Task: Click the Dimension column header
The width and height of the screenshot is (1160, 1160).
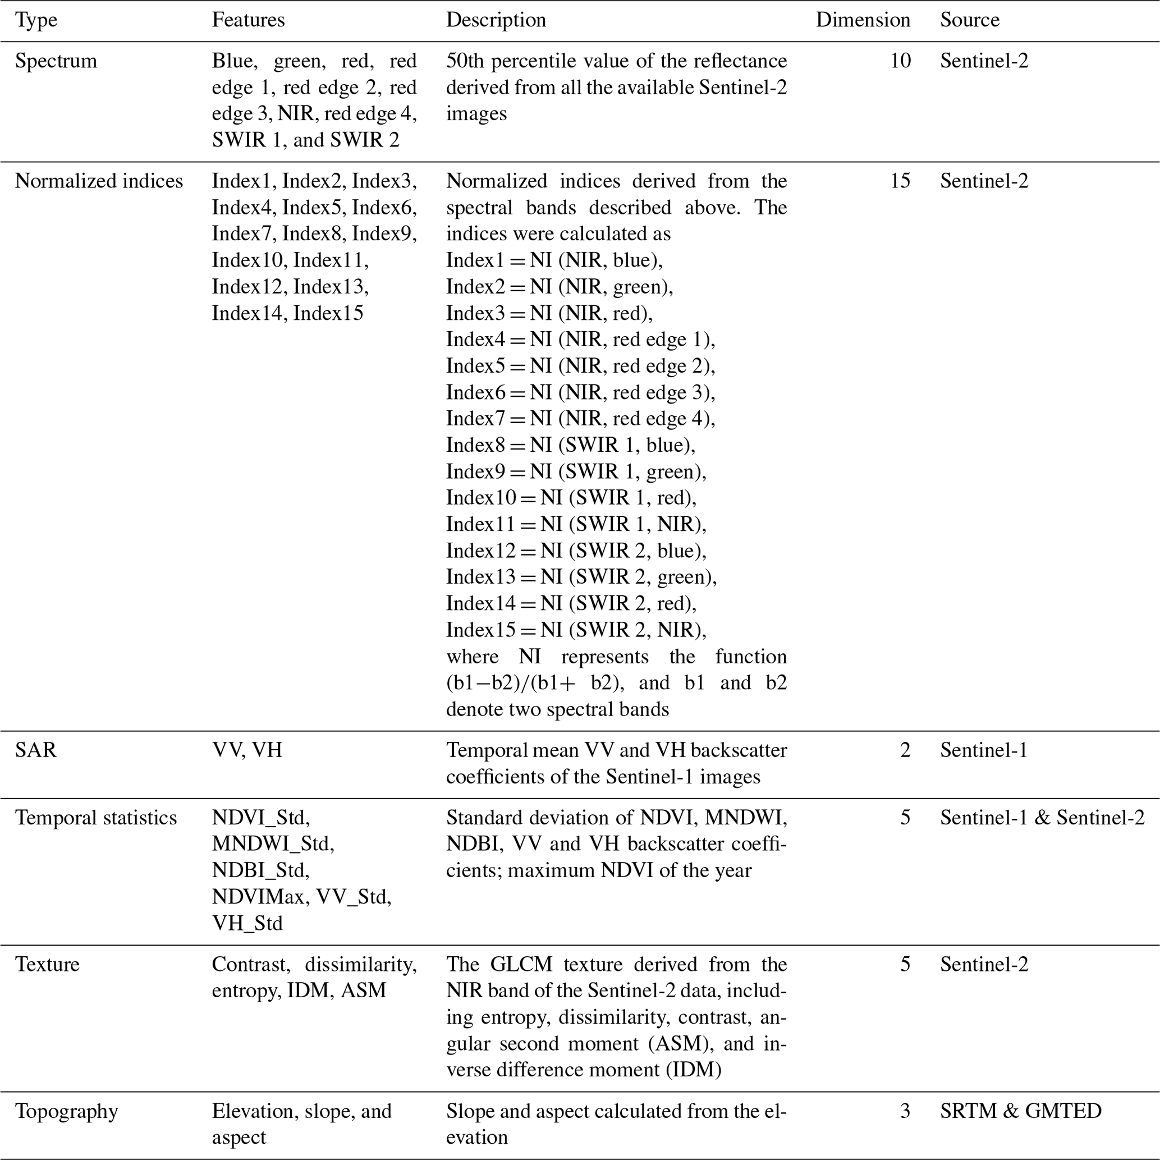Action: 862,20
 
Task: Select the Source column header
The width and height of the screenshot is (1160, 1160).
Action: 969,20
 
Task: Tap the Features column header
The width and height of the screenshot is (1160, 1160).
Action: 248,20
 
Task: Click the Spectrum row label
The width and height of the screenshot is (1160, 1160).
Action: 56,61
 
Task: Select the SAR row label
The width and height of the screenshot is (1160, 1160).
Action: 35,750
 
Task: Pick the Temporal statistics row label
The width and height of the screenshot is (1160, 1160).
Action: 96,817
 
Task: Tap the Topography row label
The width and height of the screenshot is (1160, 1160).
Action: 66,1111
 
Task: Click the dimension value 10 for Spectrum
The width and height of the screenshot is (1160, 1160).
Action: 900,61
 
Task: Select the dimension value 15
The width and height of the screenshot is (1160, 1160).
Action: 900,181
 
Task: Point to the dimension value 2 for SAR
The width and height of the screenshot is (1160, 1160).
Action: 905,750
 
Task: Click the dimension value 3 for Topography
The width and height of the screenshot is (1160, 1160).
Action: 905,1111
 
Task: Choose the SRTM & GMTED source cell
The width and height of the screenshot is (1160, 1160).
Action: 1020,1111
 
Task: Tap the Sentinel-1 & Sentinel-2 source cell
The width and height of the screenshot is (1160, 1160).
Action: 1042,817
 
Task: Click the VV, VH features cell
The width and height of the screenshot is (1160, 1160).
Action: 247,750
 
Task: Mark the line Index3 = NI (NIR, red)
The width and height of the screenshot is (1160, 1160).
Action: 549,313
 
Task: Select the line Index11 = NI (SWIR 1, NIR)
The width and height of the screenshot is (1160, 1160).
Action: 576,524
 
